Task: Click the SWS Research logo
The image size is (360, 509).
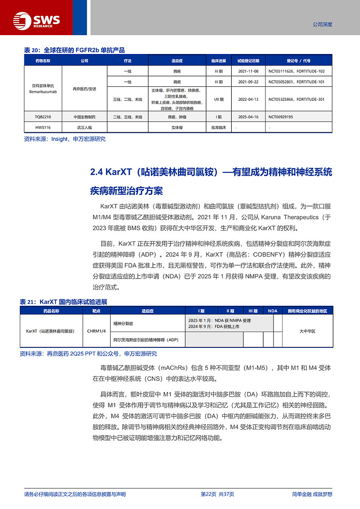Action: (36, 19)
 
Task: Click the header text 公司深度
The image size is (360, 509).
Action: (322, 24)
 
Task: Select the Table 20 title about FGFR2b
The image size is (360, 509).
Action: (74, 50)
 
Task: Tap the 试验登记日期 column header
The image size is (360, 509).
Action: (248, 60)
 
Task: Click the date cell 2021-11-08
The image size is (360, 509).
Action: (248, 71)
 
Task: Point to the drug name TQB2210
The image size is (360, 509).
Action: (43, 117)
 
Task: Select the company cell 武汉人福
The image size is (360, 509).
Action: (85, 127)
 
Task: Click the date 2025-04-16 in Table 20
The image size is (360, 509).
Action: (248, 117)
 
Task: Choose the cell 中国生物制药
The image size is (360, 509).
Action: (85, 117)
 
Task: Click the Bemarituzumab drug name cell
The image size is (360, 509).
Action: (43, 89)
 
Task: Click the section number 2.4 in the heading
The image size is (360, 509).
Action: (97, 172)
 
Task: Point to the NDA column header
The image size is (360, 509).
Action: (273, 311)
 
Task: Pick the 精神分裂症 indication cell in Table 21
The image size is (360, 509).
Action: (124, 323)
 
